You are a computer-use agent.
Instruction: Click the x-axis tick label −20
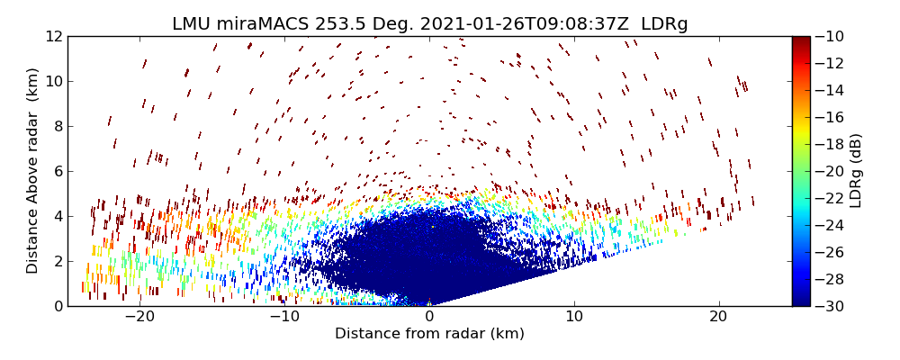pyautogui.click(x=139, y=317)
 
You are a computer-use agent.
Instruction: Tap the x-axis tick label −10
pyautogui.click(x=284, y=317)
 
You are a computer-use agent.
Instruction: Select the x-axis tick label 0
pyautogui.click(x=429, y=317)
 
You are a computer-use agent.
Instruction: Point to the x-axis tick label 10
pyautogui.click(x=574, y=317)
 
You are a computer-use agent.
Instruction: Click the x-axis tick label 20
pyautogui.click(x=718, y=317)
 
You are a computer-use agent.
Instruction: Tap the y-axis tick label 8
pyautogui.click(x=57, y=126)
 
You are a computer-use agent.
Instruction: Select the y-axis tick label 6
pyautogui.click(x=57, y=171)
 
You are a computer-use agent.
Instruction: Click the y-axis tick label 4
pyautogui.click(x=57, y=216)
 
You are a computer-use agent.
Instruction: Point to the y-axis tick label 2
pyautogui.click(x=57, y=261)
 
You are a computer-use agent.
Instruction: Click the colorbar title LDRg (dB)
pyautogui.click(x=856, y=171)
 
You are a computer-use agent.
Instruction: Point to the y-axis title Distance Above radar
pyautogui.click(x=32, y=171)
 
